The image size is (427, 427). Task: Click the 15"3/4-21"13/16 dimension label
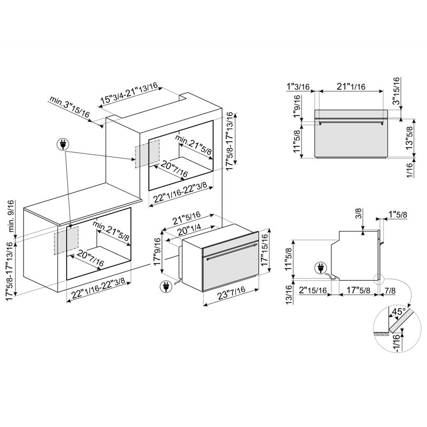point(129,93)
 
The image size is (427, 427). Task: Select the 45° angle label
point(398,311)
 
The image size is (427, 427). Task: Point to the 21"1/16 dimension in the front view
point(351,86)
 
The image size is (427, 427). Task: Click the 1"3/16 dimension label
point(298,86)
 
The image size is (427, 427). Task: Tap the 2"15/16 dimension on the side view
point(313,290)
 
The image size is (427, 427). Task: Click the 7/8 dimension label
point(390,290)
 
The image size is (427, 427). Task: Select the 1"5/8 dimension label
point(398,215)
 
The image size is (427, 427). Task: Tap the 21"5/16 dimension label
point(187,218)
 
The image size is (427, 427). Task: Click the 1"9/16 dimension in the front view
point(297,106)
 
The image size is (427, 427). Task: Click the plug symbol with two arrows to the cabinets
point(62,145)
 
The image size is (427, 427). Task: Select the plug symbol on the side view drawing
point(320,268)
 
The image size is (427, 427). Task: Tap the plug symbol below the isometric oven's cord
point(166,287)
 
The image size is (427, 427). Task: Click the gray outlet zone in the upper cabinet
point(147,154)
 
